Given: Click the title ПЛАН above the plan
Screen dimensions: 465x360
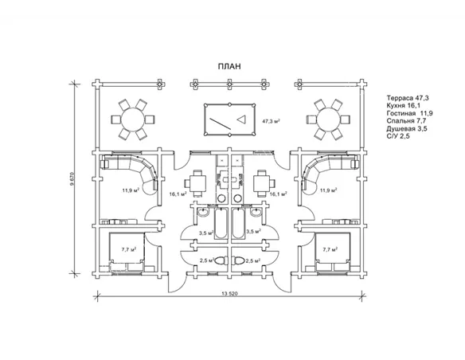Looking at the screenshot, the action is click(x=229, y=66).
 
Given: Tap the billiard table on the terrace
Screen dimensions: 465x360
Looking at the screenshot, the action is click(x=229, y=119).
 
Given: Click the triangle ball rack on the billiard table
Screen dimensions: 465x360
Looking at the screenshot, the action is click(x=242, y=119).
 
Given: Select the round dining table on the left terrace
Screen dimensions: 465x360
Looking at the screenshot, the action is click(x=133, y=119).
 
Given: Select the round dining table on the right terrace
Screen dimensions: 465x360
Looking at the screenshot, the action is click(x=329, y=119).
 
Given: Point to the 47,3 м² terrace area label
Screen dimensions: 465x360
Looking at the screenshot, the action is click(x=272, y=121).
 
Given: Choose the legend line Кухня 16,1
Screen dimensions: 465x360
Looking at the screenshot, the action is click(x=404, y=106).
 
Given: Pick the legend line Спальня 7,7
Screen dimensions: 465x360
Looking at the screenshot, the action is click(x=406, y=121).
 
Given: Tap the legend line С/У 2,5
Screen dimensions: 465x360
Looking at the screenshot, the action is click(x=398, y=136).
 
